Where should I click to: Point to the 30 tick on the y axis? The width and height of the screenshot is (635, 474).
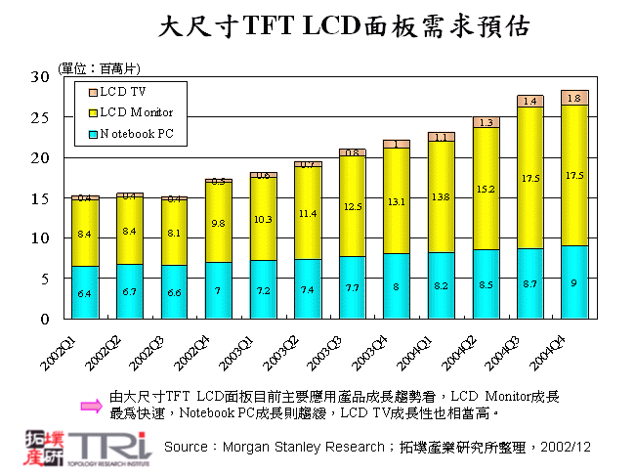click(x=40, y=76)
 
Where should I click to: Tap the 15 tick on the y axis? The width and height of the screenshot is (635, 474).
click(x=40, y=198)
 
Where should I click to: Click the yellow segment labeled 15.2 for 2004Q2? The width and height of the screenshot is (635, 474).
click(x=487, y=189)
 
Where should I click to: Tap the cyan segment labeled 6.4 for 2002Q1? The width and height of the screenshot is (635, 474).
click(x=85, y=292)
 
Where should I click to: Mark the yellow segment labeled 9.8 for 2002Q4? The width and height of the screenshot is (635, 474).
click(x=219, y=222)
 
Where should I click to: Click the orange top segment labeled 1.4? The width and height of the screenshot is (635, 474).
click(x=530, y=101)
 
